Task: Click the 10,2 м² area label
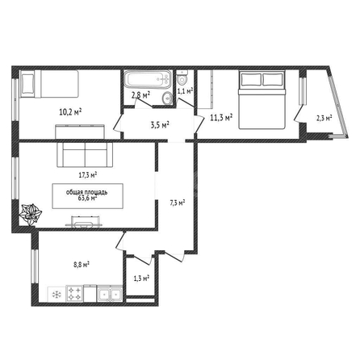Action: (70, 112)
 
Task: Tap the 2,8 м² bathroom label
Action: (140, 95)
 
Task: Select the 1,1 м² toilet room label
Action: (186, 91)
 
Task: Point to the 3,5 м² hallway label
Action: (160, 125)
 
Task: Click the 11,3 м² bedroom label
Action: (221, 118)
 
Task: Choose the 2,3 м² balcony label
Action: (324, 118)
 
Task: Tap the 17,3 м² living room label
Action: (88, 175)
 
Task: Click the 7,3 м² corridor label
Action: (178, 203)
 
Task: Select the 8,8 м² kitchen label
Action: (82, 265)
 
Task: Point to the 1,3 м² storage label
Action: (141, 278)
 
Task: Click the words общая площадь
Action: (87, 192)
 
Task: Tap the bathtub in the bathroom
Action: (148, 79)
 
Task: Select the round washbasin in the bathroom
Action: (168, 97)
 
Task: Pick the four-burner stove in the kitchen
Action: (74, 294)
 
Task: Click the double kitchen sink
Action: (110, 294)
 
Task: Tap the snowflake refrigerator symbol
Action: (57, 295)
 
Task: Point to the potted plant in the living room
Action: (30, 215)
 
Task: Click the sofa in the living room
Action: (85, 154)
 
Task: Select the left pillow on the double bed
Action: (251, 79)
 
